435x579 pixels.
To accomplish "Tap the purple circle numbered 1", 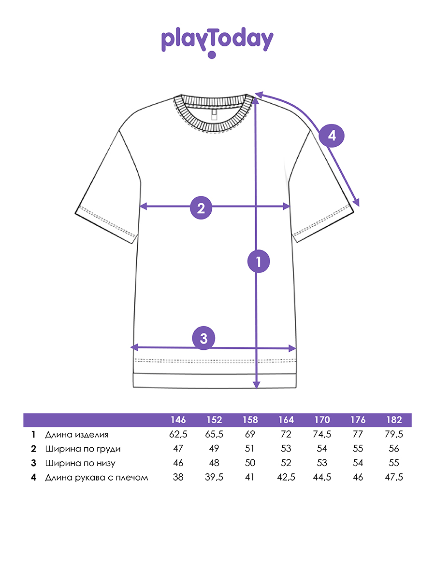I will point(259,262).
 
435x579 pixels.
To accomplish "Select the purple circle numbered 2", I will point(201,208).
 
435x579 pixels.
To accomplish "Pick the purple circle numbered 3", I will point(203,338).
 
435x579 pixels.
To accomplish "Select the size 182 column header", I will point(394,420).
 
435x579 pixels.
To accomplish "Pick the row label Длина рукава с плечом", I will point(96,478).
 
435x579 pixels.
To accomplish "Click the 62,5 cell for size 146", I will point(178,434).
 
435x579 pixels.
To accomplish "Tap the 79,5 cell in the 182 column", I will point(394,434).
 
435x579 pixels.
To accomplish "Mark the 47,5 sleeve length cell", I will point(394,478).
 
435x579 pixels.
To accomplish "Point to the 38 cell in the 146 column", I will point(178,478).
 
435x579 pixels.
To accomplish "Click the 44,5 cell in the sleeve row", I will point(322,478).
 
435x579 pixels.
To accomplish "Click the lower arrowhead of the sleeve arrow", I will point(357,203).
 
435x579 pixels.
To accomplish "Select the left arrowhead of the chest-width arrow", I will point(143,207).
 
